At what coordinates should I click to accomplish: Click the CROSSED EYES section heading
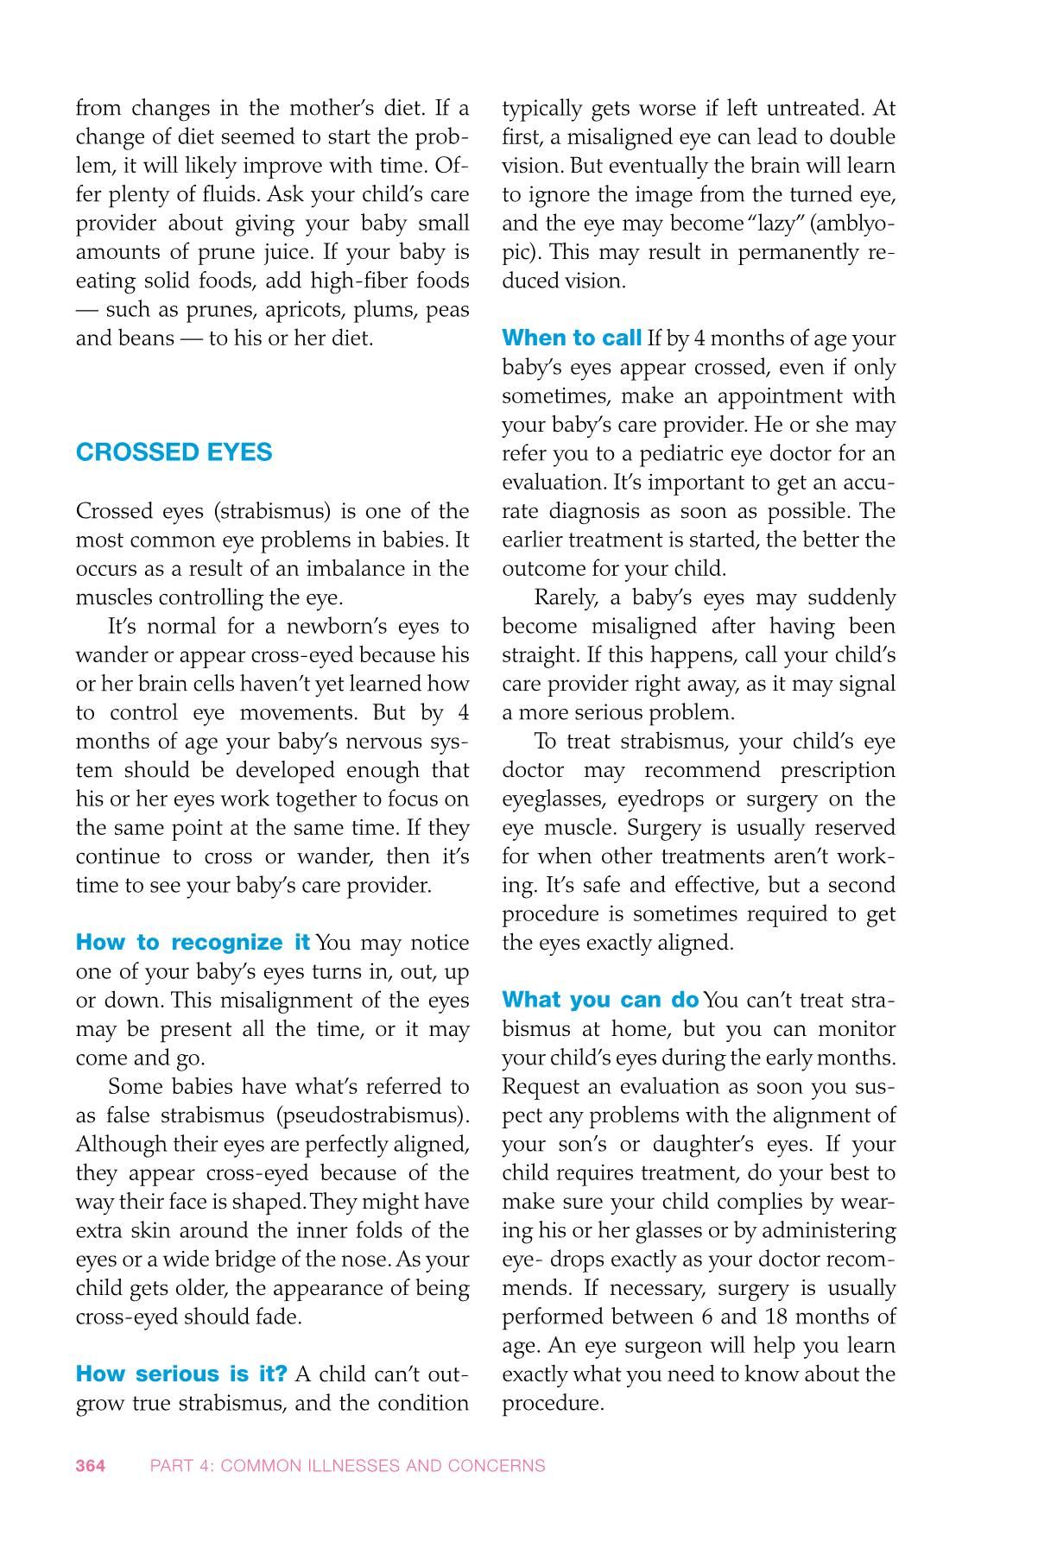[174, 452]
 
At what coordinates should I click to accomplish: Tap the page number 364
[91, 1465]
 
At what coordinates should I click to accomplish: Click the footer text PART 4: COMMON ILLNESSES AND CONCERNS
[347, 1465]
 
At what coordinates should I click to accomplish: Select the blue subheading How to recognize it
[193, 942]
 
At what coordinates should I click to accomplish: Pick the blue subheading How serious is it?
[181, 1374]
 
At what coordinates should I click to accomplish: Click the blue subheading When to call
[572, 338]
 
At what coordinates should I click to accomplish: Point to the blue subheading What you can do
[600, 1000]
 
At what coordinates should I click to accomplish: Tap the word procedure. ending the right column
[553, 1403]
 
